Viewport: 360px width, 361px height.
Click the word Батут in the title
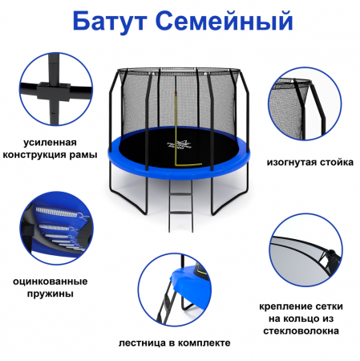point(109,21)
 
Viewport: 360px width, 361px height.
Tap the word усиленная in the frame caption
point(50,143)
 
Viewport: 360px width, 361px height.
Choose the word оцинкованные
point(50,282)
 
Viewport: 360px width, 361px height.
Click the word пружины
point(50,294)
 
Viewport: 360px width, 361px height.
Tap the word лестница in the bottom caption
point(142,343)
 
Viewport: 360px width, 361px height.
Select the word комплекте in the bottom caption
point(204,343)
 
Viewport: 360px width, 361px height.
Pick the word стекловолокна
point(301,331)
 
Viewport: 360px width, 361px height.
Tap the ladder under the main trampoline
point(180,205)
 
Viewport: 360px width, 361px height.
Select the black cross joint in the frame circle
point(54,91)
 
